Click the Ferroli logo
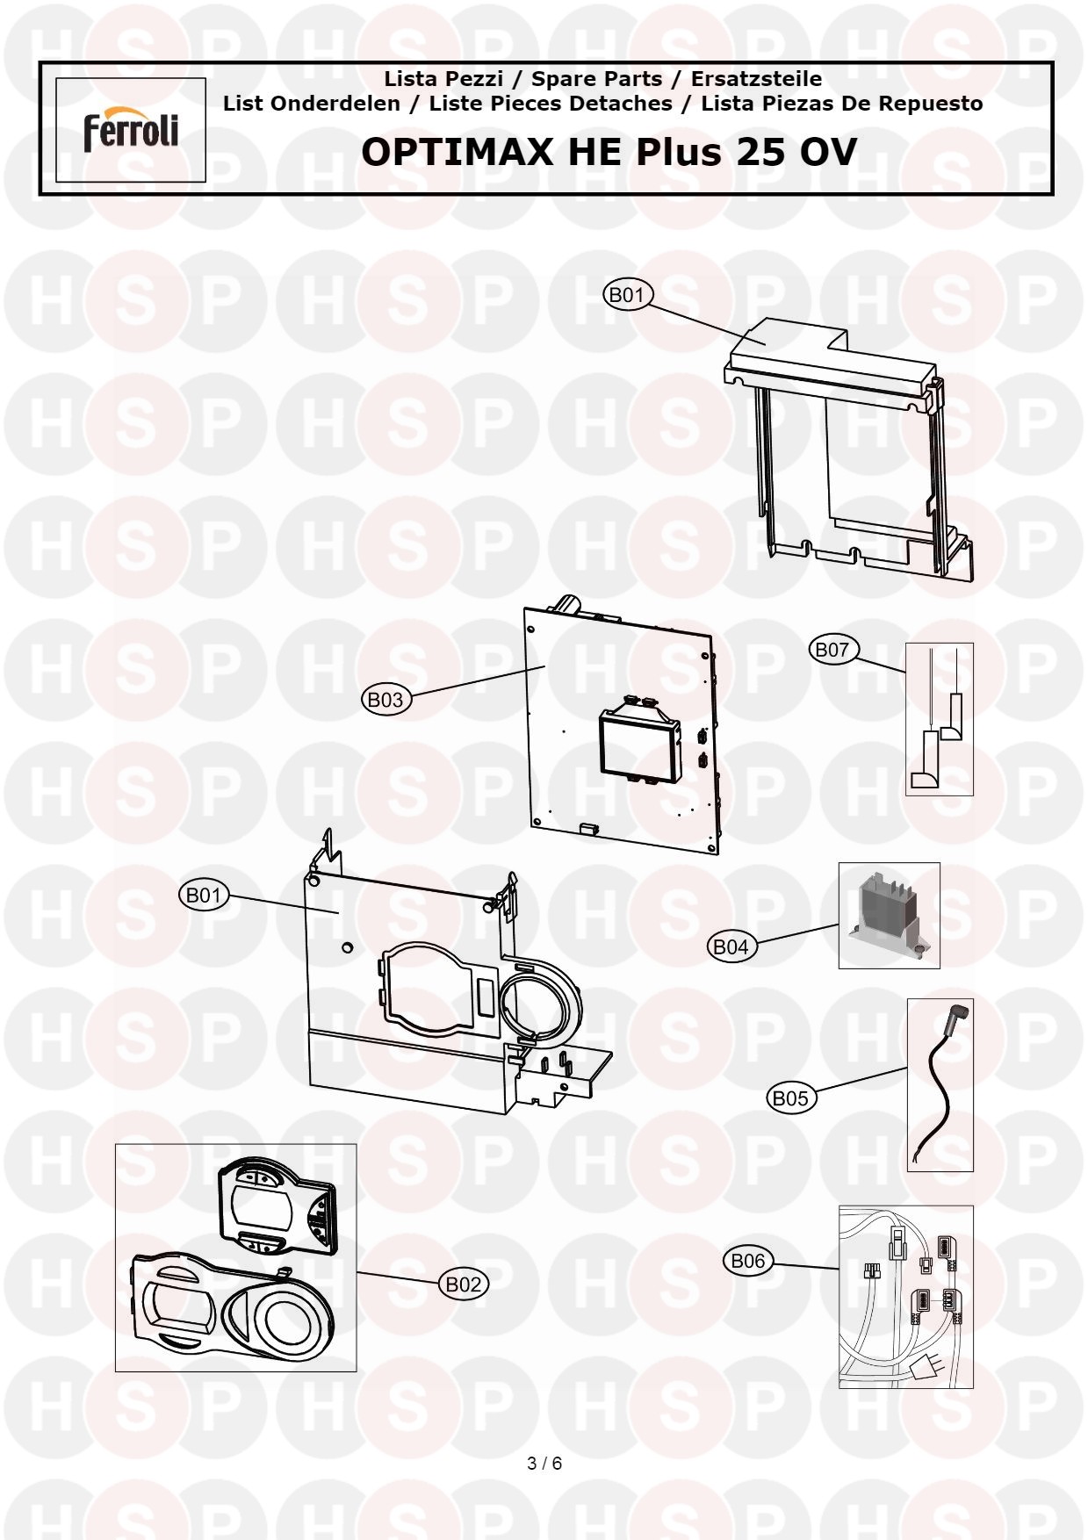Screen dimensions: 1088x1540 coord(131,130)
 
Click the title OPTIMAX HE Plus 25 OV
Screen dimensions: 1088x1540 coord(609,152)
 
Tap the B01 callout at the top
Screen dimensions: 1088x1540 coord(627,294)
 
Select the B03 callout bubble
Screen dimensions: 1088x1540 coord(385,700)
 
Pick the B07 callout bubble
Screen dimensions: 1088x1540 coord(832,650)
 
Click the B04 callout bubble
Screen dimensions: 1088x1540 coord(731,946)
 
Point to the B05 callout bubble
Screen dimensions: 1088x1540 coord(790,1097)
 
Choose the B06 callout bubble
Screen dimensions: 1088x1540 coord(748,1261)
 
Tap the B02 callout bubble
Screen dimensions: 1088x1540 coord(464,1285)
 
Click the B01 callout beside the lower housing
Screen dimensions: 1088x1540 coord(204,895)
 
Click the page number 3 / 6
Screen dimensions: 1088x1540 coord(544,1464)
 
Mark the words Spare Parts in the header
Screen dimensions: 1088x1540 coord(597,79)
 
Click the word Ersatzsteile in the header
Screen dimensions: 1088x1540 coord(757,79)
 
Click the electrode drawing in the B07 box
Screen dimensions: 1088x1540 coord(940,719)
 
